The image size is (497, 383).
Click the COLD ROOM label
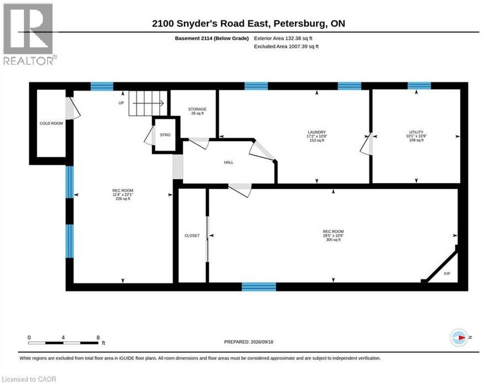coord(51,123)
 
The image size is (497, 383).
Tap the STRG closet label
coord(165,134)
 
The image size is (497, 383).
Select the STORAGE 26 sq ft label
coord(197,111)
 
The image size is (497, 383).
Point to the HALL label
coord(229,162)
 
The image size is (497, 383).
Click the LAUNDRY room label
coord(316,136)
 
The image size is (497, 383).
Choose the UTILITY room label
coord(416,136)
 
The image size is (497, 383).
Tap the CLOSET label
coord(192,236)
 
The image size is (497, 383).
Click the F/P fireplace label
coord(447,273)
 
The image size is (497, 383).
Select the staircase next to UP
coord(147,103)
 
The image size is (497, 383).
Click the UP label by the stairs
coord(121,103)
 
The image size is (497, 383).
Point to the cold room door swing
coord(72,109)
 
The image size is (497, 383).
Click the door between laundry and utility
coord(367,145)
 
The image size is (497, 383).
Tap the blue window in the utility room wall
coord(419,86)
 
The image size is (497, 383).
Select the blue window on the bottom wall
coord(258,287)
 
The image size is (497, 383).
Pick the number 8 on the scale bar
coord(98,337)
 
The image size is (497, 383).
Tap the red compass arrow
coord(462,338)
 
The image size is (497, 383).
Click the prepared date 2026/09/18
coord(262,342)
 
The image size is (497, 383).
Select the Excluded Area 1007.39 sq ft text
coord(286,46)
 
